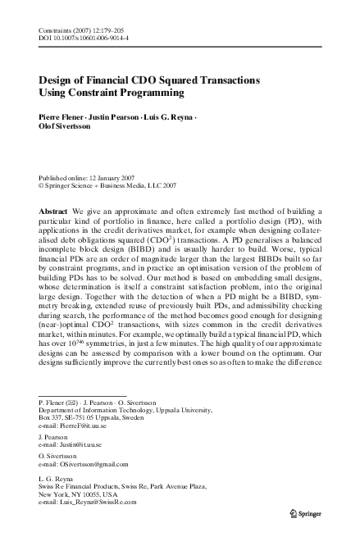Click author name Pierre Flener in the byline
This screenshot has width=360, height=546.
(x=61, y=118)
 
